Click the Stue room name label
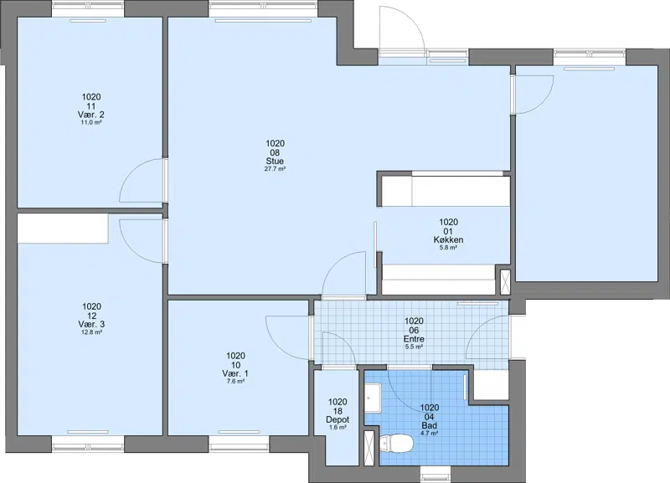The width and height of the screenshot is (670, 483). click(x=275, y=161)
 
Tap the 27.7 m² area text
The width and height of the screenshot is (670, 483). click(x=275, y=169)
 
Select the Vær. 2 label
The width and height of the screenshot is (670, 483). click(x=91, y=115)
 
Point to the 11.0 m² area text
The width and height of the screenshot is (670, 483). click(x=91, y=122)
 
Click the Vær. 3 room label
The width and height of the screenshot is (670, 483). click(x=91, y=324)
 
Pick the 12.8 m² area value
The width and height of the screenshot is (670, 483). click(x=91, y=332)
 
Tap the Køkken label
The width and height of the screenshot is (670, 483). click(x=448, y=239)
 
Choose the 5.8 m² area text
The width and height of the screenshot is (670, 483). click(x=448, y=247)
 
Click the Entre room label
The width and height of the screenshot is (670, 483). click(x=414, y=339)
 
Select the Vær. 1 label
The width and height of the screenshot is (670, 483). click(x=235, y=373)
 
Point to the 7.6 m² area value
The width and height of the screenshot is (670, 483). click(x=235, y=382)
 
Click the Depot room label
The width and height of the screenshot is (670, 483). click(x=338, y=419)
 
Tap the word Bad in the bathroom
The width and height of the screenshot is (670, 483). click(x=430, y=425)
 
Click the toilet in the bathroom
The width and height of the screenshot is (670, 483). click(x=395, y=443)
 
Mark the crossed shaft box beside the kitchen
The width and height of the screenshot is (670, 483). click(x=505, y=282)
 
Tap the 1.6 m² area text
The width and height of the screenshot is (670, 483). click(x=338, y=427)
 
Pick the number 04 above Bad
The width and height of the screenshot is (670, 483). click(x=430, y=416)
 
